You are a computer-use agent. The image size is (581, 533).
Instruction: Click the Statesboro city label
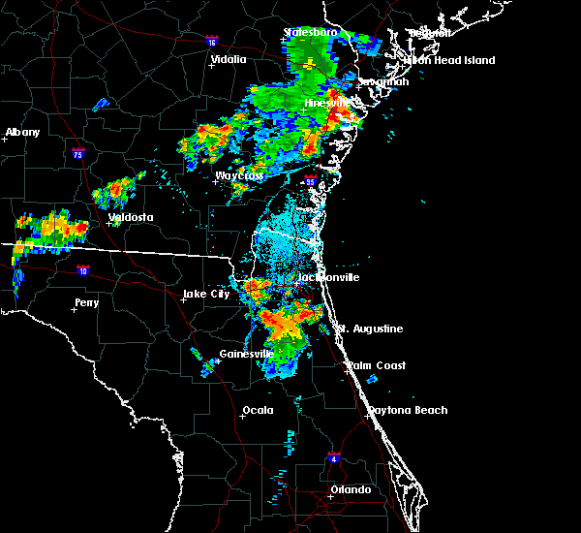click(x=311, y=32)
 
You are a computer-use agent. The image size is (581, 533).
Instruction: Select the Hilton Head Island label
click(x=449, y=60)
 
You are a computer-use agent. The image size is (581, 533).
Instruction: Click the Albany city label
click(x=23, y=132)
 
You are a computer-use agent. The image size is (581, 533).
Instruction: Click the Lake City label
click(x=206, y=294)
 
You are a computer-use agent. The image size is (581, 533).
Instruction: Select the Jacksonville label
click(x=327, y=277)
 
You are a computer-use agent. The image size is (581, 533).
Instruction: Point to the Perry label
click(x=86, y=302)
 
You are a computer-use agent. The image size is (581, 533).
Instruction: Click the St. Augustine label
click(x=369, y=329)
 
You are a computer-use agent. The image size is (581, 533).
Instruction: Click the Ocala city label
click(x=258, y=410)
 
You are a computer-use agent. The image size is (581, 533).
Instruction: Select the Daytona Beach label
click(x=407, y=410)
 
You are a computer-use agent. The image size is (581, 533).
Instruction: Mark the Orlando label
click(x=350, y=489)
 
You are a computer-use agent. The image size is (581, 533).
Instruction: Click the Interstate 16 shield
click(x=212, y=42)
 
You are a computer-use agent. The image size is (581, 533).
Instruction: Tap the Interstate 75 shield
click(x=78, y=152)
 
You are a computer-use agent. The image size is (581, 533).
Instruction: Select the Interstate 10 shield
click(x=83, y=271)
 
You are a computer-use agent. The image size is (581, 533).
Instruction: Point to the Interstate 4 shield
click(x=333, y=455)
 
